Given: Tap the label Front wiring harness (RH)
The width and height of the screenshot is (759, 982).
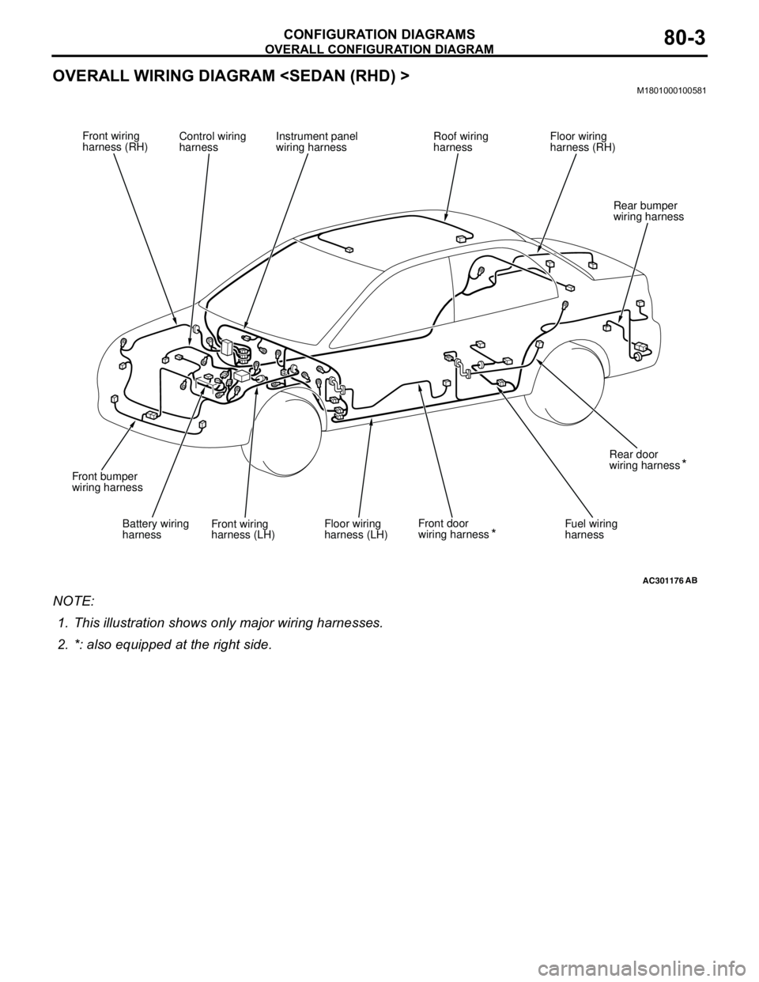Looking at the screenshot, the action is [115, 142].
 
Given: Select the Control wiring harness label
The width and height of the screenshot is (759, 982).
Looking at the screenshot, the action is [213, 142].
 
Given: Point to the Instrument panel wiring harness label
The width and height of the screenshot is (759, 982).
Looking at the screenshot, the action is [316, 142].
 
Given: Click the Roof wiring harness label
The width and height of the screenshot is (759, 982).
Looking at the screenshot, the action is [460, 142].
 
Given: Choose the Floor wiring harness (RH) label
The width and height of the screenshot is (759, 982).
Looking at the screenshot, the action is [583, 142].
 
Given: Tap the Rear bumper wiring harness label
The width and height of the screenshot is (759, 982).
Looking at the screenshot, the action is [648, 211].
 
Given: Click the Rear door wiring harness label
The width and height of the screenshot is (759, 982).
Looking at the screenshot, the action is [648, 459].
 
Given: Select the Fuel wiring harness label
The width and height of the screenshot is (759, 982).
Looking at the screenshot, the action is [591, 529].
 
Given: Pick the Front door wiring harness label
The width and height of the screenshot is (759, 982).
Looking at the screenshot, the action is [457, 529].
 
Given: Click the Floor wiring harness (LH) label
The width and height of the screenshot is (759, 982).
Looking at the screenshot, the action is [356, 529].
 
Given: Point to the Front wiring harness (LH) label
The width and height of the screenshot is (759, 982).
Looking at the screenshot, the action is [243, 529].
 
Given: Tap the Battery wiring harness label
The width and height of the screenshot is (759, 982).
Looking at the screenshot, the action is [156, 529].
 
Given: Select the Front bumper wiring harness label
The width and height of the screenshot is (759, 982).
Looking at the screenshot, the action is [107, 482].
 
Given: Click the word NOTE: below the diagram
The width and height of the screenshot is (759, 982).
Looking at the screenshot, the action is [74, 601].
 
